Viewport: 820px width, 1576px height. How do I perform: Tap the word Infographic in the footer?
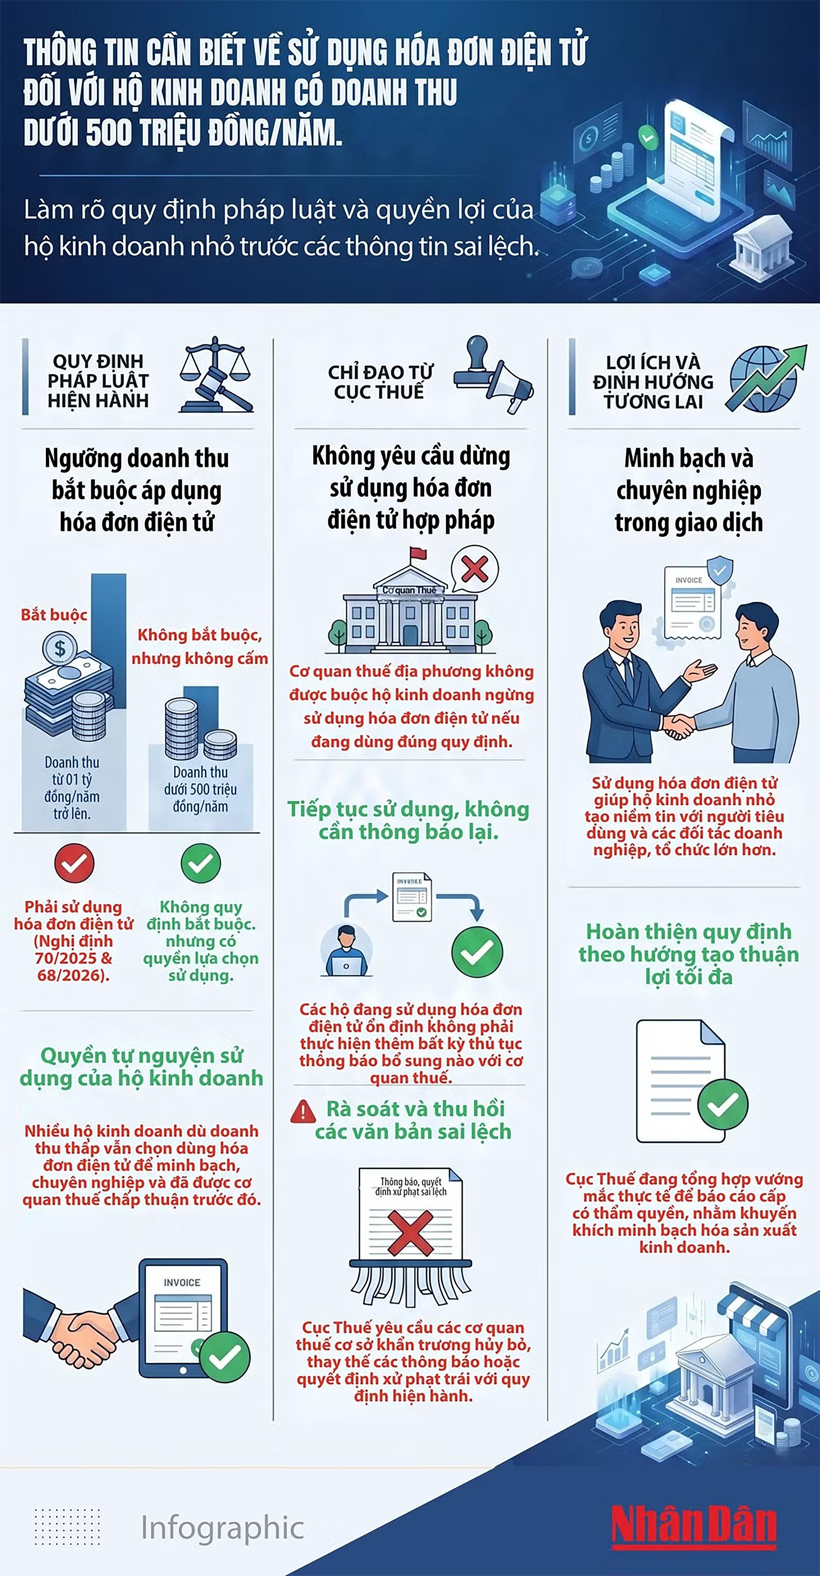pos(222,1528)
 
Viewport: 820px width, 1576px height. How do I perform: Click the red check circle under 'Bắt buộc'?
pos(74,863)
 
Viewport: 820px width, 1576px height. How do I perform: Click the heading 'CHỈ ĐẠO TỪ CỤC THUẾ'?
pos(380,382)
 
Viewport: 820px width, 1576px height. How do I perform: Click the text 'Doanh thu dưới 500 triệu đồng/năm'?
pos(200,789)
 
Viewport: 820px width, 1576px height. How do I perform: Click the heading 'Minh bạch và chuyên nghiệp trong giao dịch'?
pos(689,490)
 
